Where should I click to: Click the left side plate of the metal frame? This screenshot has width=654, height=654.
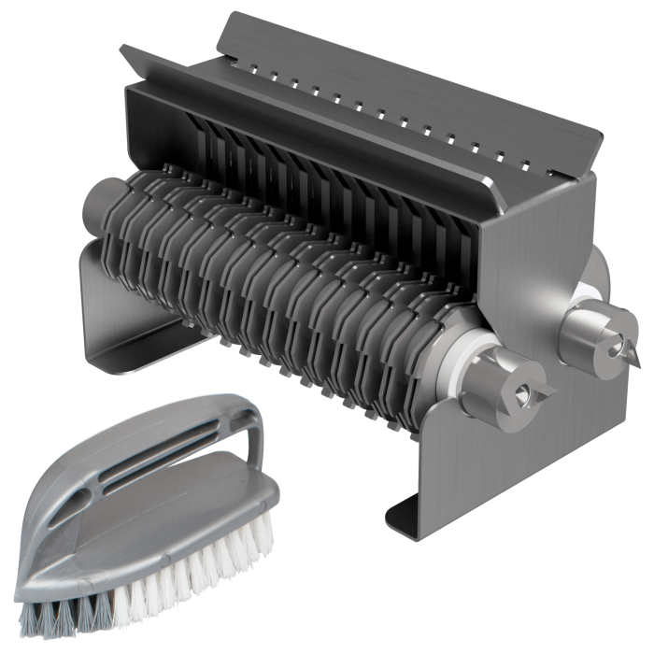click(103, 299)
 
